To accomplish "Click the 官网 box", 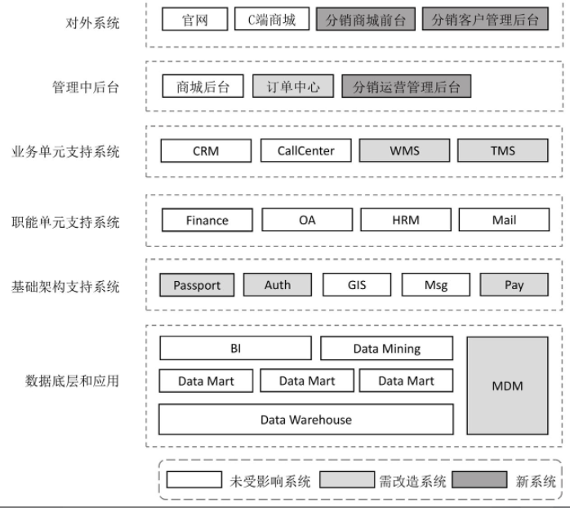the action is tap(194, 20).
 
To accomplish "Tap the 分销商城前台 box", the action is tap(366, 20).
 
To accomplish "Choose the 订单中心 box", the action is tap(293, 87).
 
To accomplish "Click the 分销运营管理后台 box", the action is tap(407, 87).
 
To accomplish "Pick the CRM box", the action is tap(206, 151).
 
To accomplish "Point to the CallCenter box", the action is tap(305, 151).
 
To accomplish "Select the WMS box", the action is tap(404, 151).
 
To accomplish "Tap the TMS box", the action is tap(503, 151).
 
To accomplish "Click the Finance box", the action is tap(207, 221).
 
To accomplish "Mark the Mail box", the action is tap(503, 221).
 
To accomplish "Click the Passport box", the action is tap(197, 285).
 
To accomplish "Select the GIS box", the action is tap(357, 285).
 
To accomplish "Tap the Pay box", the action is tap(514, 285).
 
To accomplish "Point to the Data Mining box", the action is tap(386, 349).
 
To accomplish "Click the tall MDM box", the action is tap(507, 385).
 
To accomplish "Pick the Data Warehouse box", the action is tap(305, 420).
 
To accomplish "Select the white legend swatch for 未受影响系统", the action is tap(194, 480).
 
